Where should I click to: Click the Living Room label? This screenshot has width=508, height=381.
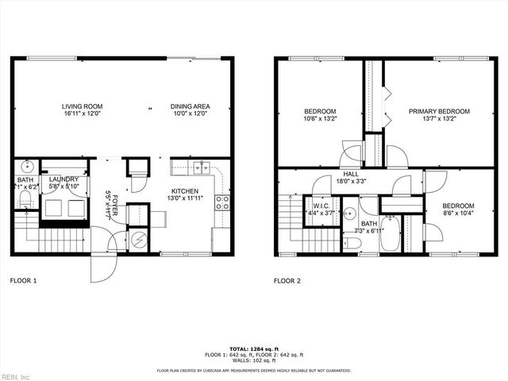[83, 106]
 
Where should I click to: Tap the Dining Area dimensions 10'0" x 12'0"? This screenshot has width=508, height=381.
[189, 114]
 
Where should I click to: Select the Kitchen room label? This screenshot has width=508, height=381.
[183, 190]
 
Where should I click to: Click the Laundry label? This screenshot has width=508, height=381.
[63, 179]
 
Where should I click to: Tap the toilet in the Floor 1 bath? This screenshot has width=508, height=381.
[25, 196]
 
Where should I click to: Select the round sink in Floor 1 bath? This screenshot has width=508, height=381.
[26, 167]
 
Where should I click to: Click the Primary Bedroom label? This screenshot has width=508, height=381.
[439, 111]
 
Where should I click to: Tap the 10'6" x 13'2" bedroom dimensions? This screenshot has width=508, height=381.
[321, 119]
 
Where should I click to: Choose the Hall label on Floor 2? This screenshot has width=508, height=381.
[350, 174]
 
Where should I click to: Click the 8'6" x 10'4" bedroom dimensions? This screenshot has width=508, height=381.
[458, 212]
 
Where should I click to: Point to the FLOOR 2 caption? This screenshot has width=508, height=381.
[288, 280]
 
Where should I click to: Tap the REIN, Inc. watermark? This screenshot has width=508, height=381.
[16, 375]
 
